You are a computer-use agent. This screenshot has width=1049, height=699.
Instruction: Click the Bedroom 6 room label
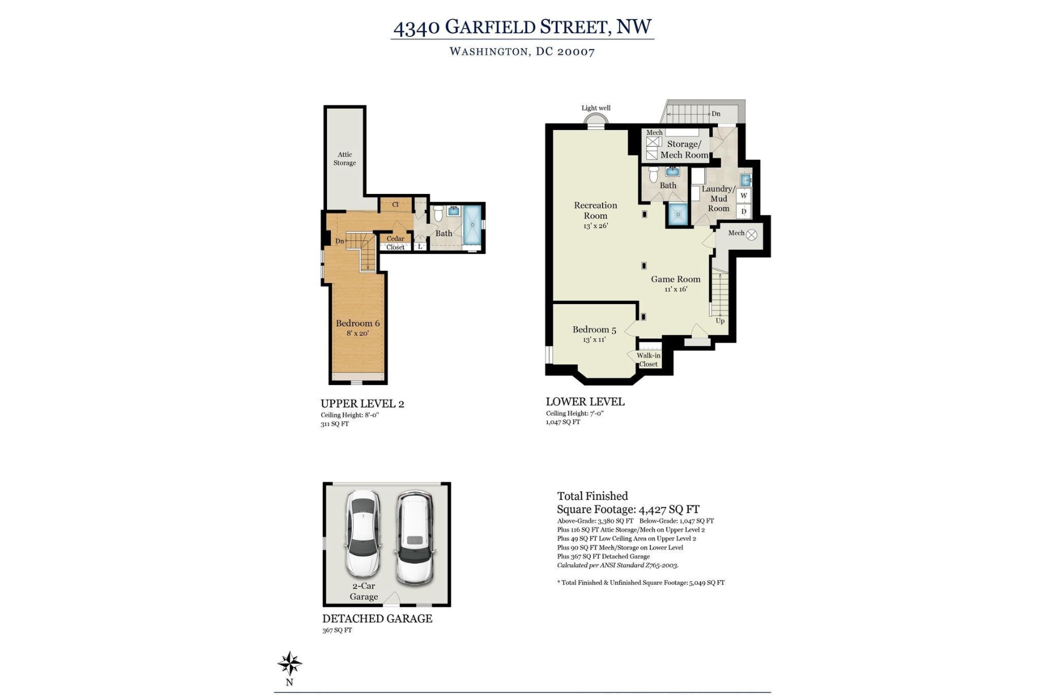(357, 323)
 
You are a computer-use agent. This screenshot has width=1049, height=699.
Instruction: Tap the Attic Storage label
(344, 158)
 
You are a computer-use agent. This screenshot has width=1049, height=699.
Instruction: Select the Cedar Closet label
(395, 243)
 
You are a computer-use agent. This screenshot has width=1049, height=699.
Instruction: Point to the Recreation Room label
(595, 210)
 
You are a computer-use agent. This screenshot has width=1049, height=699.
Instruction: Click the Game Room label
(675, 279)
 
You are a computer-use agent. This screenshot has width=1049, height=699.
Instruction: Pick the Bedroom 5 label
(594, 330)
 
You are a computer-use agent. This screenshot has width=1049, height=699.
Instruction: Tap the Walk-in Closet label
(648, 360)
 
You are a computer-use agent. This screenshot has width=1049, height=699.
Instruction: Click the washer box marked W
(744, 196)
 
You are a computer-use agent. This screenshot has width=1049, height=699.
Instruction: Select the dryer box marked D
(744, 211)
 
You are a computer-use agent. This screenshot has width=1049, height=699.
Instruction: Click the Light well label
(596, 108)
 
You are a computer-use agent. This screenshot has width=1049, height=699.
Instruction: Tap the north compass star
(290, 663)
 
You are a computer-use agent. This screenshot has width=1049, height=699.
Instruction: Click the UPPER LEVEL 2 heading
(362, 404)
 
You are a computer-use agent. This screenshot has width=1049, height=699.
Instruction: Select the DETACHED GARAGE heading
(377, 619)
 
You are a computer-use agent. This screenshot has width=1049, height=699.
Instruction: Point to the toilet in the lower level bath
(653, 174)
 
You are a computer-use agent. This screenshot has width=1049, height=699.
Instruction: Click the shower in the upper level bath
(473, 225)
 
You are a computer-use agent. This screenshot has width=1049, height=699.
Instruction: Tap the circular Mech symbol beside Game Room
(752, 235)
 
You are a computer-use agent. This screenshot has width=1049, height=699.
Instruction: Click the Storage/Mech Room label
(684, 149)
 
